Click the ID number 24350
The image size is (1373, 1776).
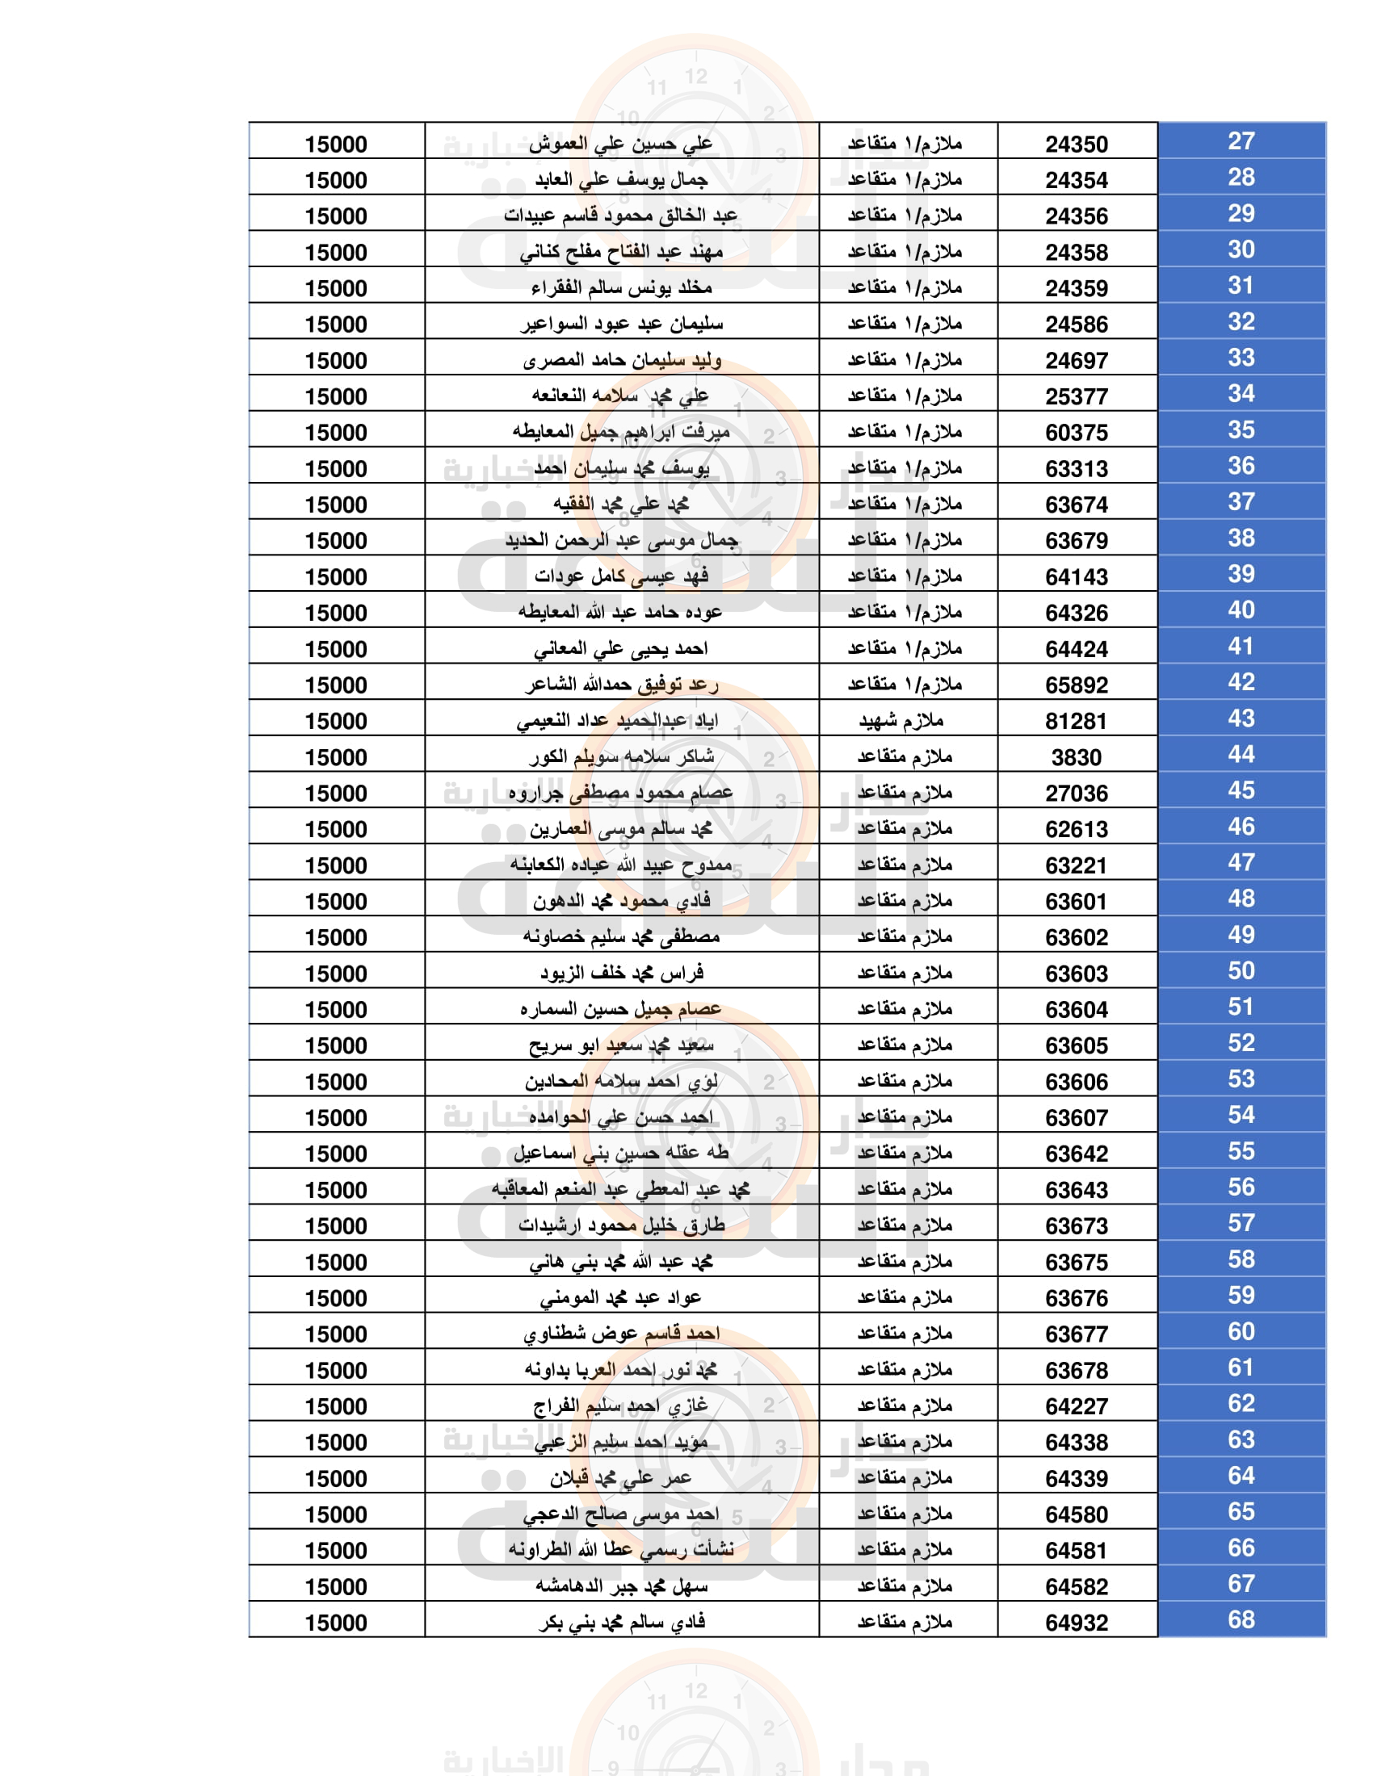(x=1075, y=145)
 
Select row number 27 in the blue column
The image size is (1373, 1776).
(x=1241, y=141)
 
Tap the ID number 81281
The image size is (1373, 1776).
(x=1075, y=721)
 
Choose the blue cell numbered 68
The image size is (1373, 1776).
(x=1241, y=1620)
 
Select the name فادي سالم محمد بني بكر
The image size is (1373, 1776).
(x=621, y=1623)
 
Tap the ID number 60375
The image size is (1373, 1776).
(x=1075, y=433)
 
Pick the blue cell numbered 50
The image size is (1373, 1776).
(x=1241, y=971)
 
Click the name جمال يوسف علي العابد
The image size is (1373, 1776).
(x=621, y=180)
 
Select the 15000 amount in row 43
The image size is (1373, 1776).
(x=336, y=721)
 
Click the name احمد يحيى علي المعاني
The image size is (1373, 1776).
(x=621, y=649)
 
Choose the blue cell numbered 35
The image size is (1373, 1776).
(x=1241, y=430)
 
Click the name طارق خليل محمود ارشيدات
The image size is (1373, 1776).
(x=621, y=1225)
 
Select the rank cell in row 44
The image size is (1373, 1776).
(x=904, y=757)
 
